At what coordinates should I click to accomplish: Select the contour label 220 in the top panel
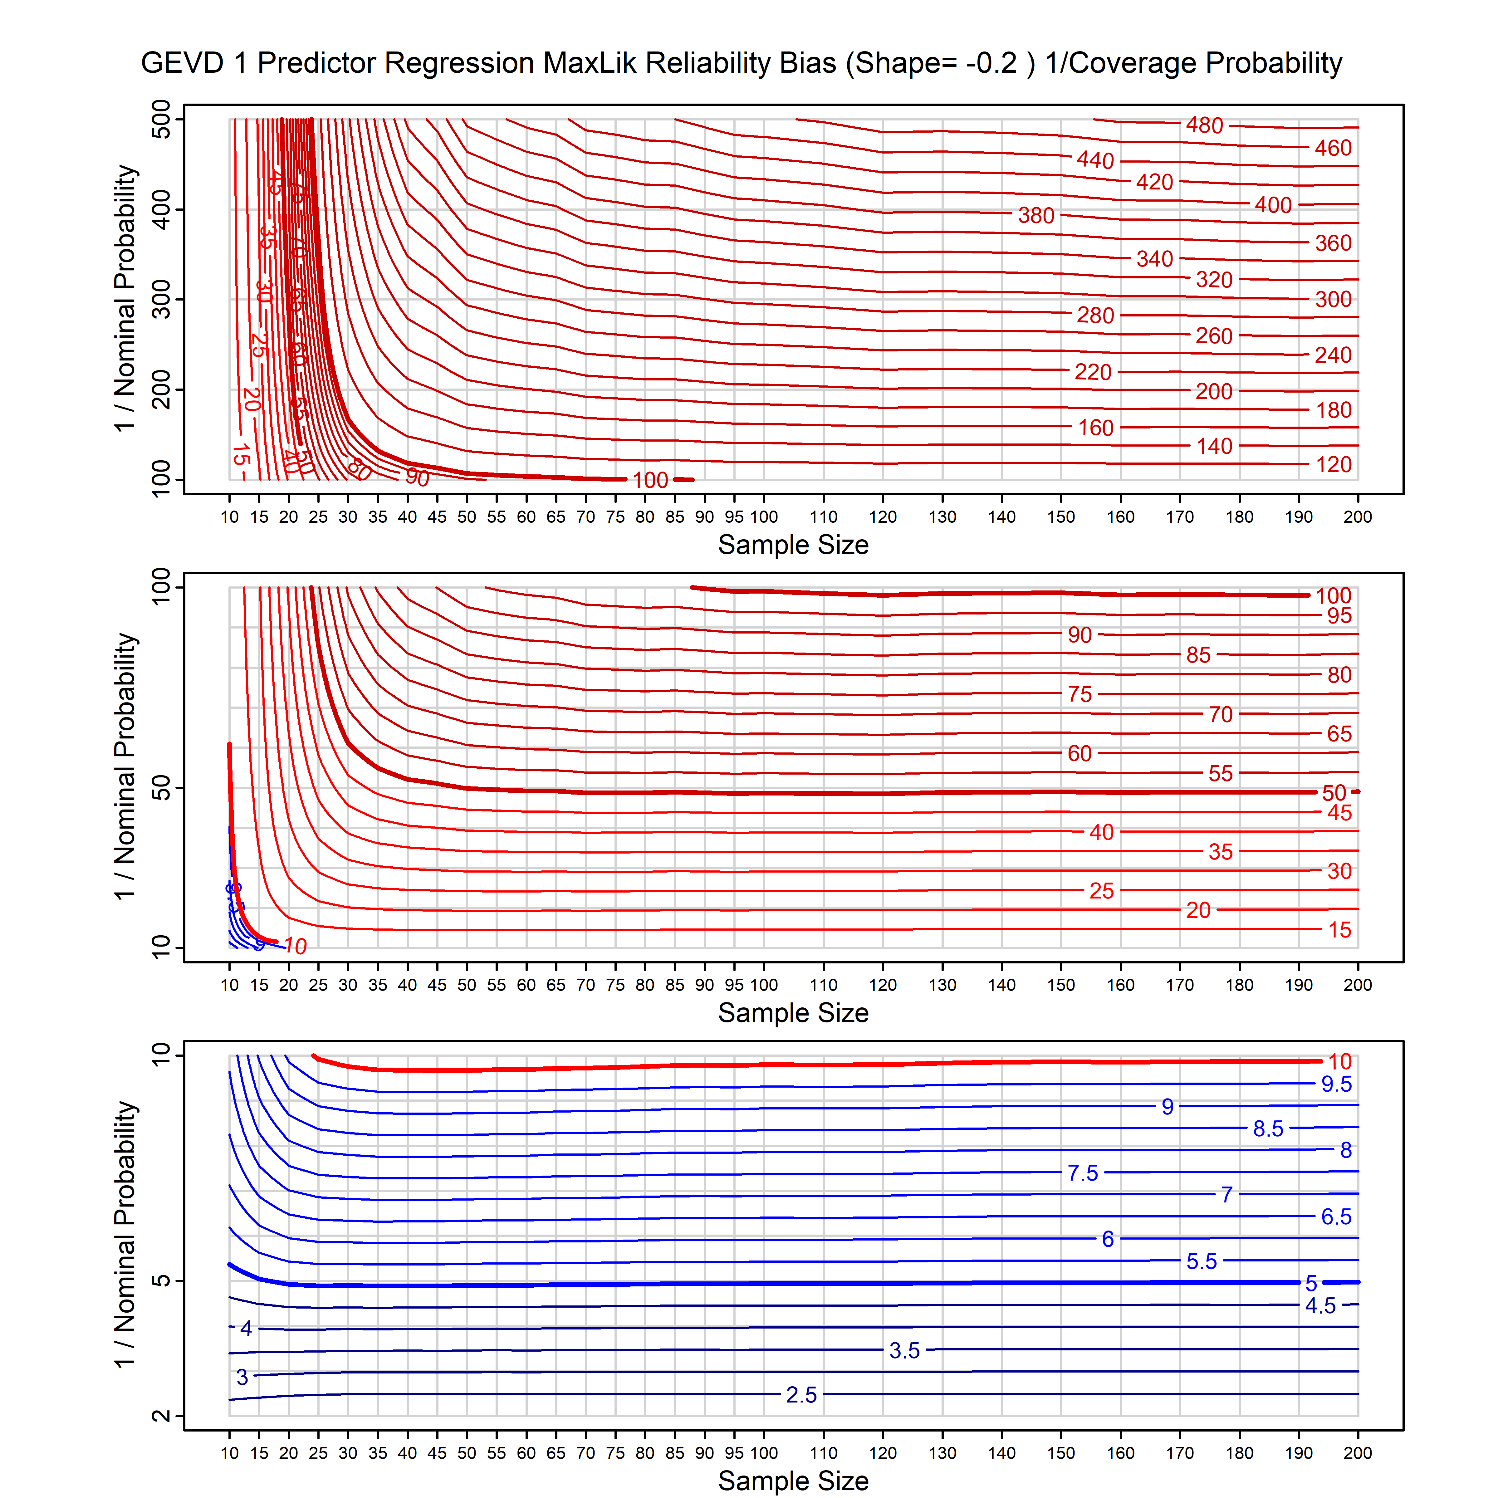pos(1093,372)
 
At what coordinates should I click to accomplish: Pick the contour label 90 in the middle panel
pos(1079,635)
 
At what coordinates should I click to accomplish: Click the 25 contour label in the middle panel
pos(1101,891)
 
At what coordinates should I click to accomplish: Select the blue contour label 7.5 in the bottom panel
pos(1082,1173)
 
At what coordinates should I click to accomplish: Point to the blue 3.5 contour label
pos(904,1351)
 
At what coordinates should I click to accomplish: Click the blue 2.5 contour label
pos(801,1395)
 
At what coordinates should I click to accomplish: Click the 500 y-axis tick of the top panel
pos(161,120)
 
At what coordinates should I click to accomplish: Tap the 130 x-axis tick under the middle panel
pos(942,986)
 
